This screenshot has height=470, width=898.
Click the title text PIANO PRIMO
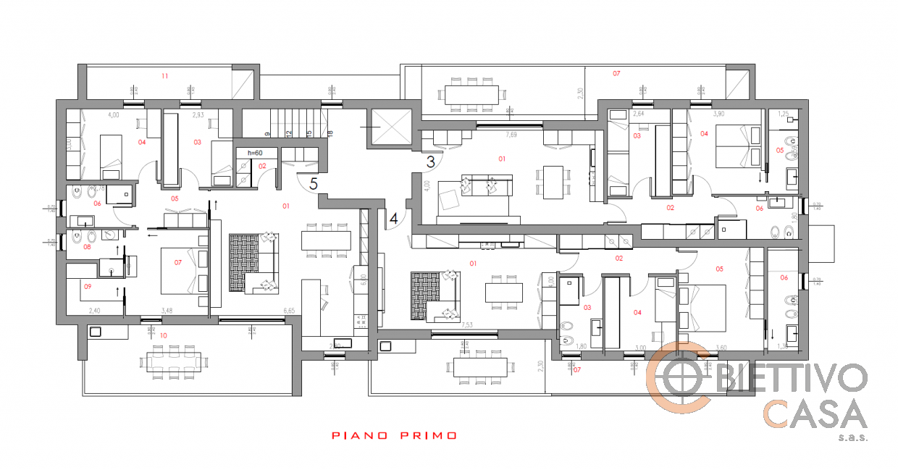395,436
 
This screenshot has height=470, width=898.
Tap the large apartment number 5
313,184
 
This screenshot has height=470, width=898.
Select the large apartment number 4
393,217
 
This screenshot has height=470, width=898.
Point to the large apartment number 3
430,162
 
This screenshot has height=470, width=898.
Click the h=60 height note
254,153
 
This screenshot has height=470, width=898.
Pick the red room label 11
164,75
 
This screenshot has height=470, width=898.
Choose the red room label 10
163,335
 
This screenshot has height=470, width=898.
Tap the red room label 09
87,287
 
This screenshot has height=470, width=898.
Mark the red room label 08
87,247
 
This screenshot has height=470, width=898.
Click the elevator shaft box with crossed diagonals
390,128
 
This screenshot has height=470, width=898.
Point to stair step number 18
329,133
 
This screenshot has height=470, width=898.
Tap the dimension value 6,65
289,311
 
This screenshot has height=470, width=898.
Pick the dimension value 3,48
167,311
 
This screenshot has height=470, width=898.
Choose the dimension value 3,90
699,114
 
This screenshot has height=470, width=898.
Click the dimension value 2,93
198,115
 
